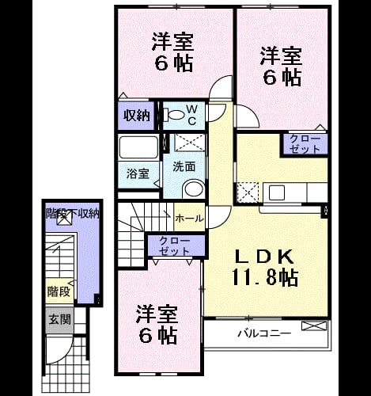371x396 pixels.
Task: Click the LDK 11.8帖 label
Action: (265, 267)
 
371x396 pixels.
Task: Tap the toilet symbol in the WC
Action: (173, 115)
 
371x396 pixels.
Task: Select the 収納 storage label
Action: (137, 116)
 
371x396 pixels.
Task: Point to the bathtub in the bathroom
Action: (138, 147)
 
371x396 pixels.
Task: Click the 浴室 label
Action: (138, 174)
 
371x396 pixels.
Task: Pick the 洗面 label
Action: (184, 167)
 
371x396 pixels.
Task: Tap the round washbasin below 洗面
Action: (194, 188)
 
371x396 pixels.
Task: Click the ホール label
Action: (189, 219)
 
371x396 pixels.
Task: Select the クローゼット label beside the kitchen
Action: (305, 144)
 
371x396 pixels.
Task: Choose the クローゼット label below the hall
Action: (174, 246)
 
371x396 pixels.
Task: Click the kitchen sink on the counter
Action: (277, 192)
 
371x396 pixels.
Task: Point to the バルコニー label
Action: (264, 333)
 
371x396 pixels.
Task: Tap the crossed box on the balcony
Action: (314, 326)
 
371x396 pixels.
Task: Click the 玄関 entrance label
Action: (59, 320)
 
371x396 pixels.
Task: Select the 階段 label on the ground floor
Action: (59, 291)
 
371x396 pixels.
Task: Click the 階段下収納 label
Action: (73, 213)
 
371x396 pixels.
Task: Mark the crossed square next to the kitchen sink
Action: (248, 192)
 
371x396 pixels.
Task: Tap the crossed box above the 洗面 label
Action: (190, 143)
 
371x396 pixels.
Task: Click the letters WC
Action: (192, 115)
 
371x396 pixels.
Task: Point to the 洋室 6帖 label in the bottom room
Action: (157, 325)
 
